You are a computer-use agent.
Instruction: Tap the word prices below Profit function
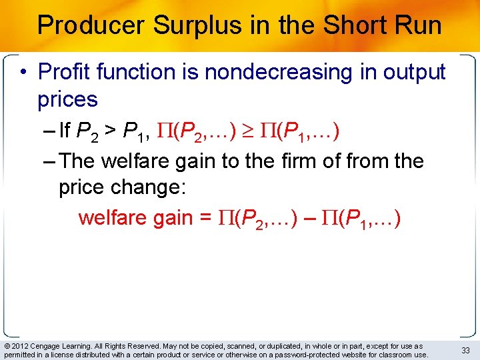pos(68,99)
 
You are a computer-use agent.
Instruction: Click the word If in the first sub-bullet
pos(65,131)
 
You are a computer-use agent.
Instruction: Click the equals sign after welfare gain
pos(206,218)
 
